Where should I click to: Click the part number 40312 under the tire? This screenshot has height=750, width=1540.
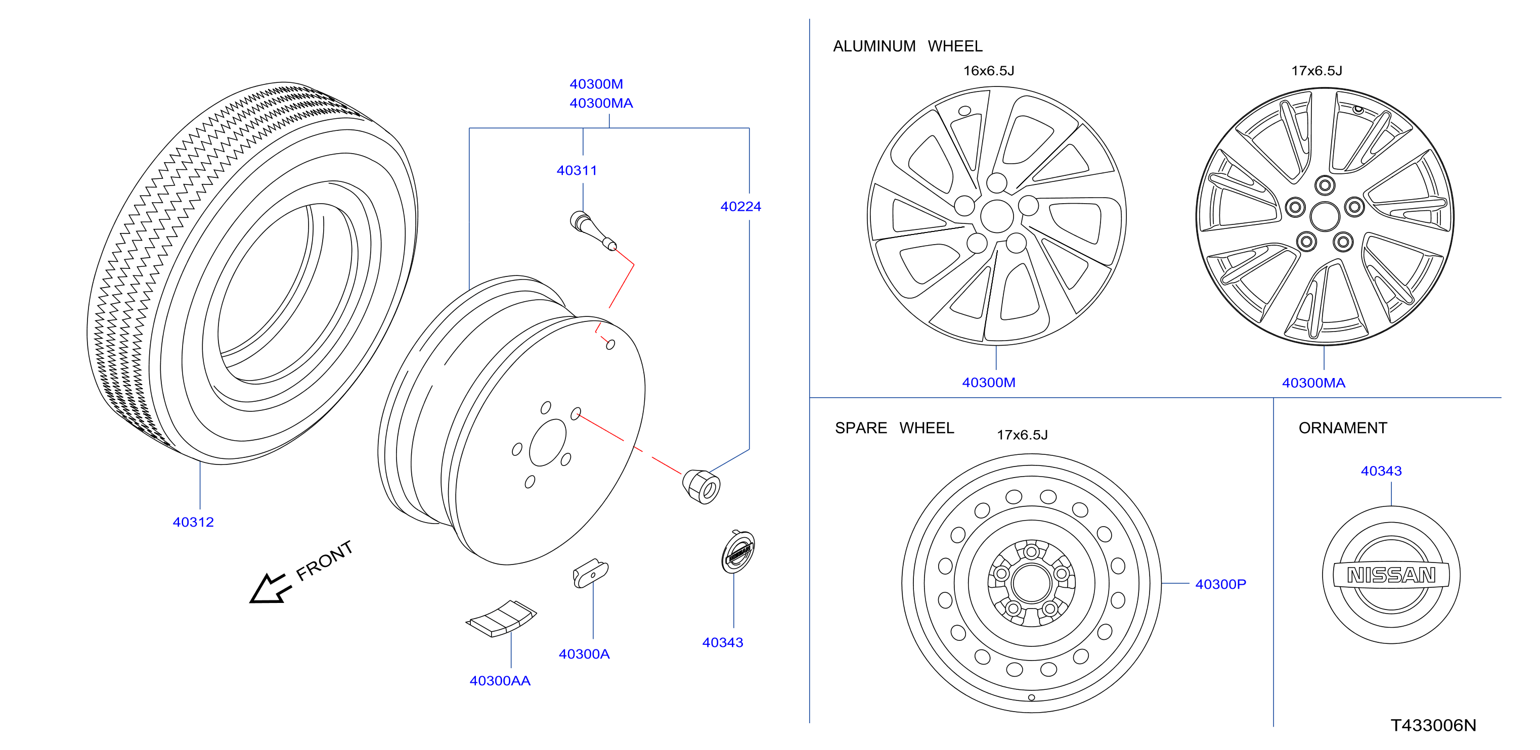click(193, 522)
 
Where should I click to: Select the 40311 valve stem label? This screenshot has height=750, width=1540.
click(577, 170)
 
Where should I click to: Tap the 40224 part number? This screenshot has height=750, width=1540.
click(741, 207)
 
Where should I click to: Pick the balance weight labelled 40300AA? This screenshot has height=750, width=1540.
click(501, 619)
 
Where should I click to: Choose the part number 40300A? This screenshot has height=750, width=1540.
click(584, 654)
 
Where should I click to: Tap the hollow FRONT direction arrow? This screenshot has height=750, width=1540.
click(270, 589)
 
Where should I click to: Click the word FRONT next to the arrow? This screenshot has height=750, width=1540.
click(325, 560)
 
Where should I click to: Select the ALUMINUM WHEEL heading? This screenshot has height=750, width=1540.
click(907, 46)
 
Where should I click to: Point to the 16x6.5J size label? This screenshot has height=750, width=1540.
click(989, 71)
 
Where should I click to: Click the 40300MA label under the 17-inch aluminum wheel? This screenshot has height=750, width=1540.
click(1313, 383)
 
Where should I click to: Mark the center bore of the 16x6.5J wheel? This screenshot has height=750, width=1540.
click(997, 216)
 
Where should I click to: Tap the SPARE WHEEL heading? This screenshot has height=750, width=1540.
click(894, 428)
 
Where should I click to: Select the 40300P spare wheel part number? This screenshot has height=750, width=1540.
click(1221, 584)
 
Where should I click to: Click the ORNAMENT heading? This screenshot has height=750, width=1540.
click(1343, 428)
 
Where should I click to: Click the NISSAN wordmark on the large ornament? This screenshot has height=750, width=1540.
click(1391, 575)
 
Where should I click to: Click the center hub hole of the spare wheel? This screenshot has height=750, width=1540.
click(1031, 583)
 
